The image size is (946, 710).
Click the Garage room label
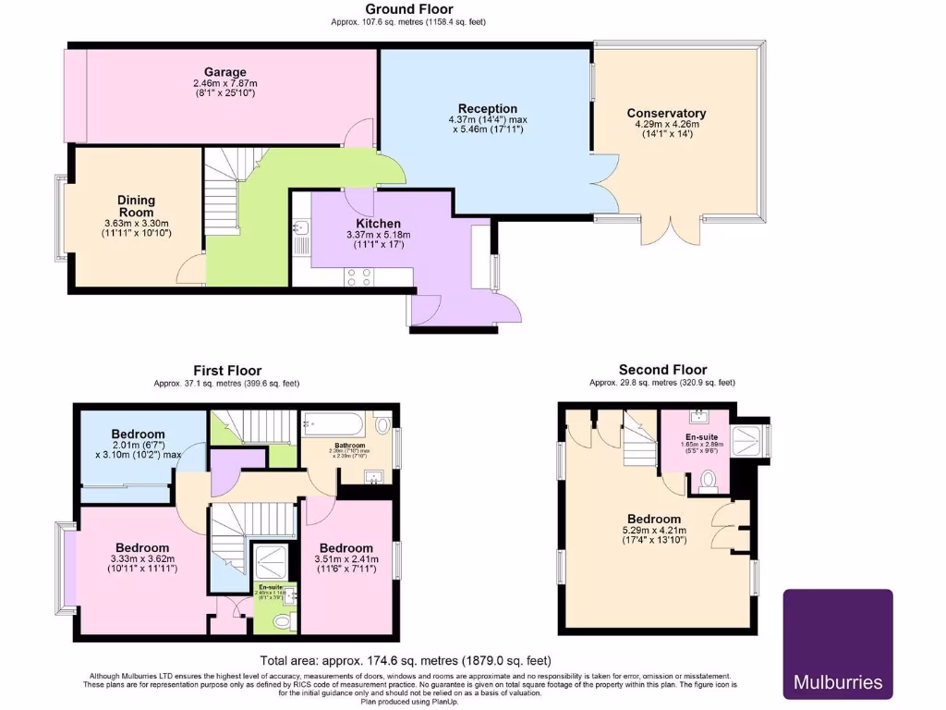click(x=225, y=71)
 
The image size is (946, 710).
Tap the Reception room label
click(x=488, y=108)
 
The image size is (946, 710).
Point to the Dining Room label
click(x=136, y=206)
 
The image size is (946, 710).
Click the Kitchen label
click(x=379, y=224)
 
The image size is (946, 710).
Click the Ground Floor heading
click(x=408, y=9)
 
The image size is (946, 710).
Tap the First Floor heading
click(x=226, y=370)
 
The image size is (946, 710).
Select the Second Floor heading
click(x=662, y=370)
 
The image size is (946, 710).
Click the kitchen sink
click(x=301, y=228)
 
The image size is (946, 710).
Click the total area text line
click(x=406, y=660)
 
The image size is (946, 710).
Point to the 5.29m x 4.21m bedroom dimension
click(x=655, y=532)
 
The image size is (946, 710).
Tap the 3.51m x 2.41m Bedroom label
click(x=346, y=548)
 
